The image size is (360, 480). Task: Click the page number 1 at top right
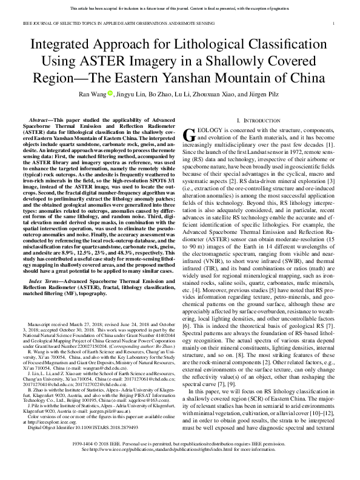[334, 23]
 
